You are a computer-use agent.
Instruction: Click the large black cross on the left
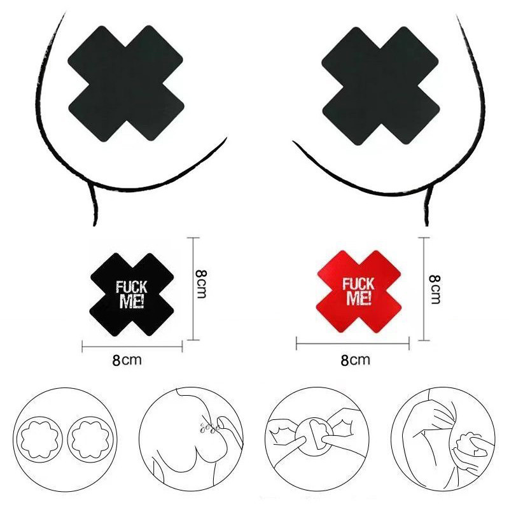(x=126, y=83)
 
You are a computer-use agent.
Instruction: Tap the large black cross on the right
(x=380, y=85)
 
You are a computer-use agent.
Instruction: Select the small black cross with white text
(x=132, y=295)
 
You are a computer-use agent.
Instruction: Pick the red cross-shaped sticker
(x=359, y=291)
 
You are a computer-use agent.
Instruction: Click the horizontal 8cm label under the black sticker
(x=127, y=360)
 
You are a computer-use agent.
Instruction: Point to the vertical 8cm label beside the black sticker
(x=201, y=284)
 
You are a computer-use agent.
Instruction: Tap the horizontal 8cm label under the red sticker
(x=355, y=360)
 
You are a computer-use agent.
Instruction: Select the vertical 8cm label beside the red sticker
(x=435, y=289)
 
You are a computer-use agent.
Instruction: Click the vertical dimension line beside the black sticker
(x=193, y=289)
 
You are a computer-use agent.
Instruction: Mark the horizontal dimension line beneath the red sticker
(x=352, y=344)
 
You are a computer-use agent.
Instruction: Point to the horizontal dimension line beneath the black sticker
(x=132, y=347)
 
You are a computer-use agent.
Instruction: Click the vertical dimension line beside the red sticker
(x=424, y=289)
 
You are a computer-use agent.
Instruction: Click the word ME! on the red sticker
(x=358, y=298)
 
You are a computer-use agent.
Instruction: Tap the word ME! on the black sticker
(x=132, y=300)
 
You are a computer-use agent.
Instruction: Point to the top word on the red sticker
(x=358, y=284)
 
